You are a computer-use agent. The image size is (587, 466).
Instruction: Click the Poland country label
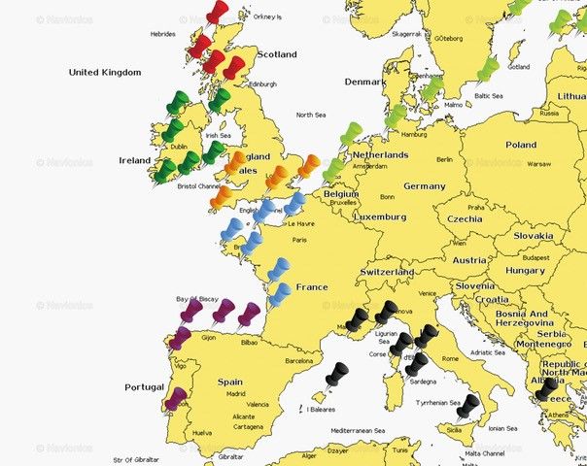click(x=520, y=145)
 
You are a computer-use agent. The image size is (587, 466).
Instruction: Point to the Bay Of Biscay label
click(x=194, y=299)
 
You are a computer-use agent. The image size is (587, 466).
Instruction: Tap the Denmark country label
click(x=364, y=83)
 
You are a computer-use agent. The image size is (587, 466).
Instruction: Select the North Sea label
click(x=311, y=115)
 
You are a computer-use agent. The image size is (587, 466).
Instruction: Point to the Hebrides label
click(x=163, y=33)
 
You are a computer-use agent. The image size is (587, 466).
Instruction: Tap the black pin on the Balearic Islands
click(x=336, y=376)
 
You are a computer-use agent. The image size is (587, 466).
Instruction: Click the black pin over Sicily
click(x=468, y=407)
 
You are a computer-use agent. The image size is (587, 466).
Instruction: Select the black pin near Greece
click(x=546, y=390)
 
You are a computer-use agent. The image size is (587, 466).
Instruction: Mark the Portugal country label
click(x=145, y=387)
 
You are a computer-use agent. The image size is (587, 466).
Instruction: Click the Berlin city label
click(x=445, y=159)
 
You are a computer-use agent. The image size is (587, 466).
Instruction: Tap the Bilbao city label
click(x=248, y=343)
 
